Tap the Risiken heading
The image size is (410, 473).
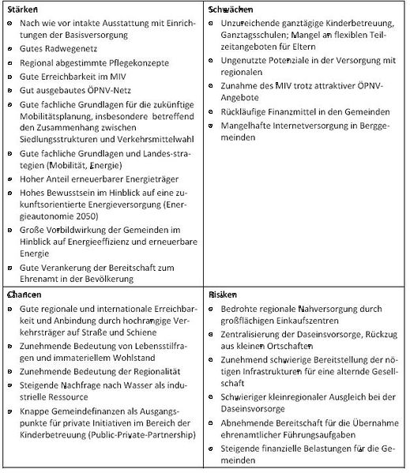(224, 293)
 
